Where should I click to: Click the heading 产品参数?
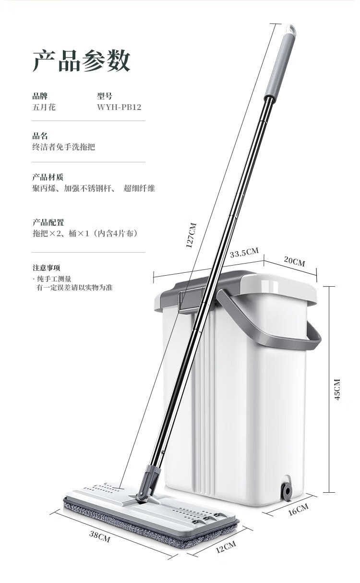click(81, 61)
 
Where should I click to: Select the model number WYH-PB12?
click(119, 107)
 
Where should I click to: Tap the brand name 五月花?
click(44, 107)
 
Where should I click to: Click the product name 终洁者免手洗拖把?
click(64, 147)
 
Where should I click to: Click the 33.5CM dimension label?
click(244, 252)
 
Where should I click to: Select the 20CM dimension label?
click(294, 261)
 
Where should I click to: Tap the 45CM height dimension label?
click(337, 389)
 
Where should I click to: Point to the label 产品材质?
click(48, 177)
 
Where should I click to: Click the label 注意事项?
click(46, 268)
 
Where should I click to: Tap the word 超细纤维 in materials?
click(139, 188)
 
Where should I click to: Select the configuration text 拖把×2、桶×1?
click(61, 233)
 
